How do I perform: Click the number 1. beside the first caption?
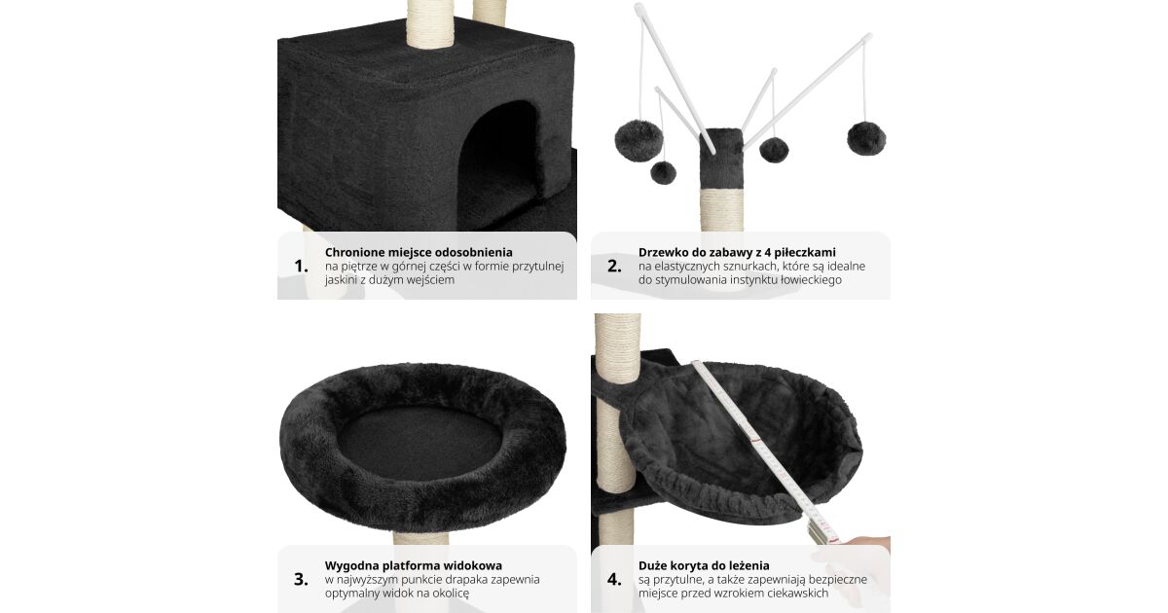coord(301,267)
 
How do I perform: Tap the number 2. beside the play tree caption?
coord(614,267)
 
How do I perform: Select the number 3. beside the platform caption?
coord(301,579)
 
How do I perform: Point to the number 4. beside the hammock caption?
coord(614,579)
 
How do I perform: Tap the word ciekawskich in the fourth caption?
coord(796,594)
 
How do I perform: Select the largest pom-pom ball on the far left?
coord(639,140)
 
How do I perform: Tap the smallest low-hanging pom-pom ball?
coord(663,172)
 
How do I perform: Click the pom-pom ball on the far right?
coord(866,137)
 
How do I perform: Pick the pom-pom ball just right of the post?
coord(774,150)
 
